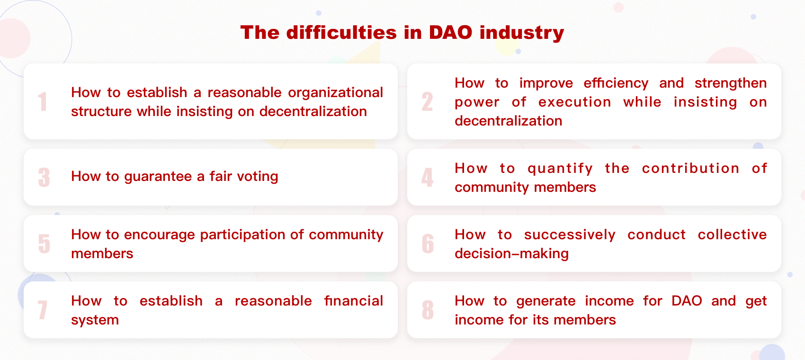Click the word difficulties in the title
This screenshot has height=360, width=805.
click(342, 32)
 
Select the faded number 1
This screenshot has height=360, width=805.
click(43, 101)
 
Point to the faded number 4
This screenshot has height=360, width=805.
click(427, 177)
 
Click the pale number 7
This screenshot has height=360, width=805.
click(43, 310)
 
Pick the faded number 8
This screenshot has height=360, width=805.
click(428, 310)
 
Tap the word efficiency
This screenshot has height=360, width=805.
click(616, 83)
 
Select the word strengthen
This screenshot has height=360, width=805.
click(731, 83)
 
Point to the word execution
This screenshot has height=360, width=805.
click(575, 102)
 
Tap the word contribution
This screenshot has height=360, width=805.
click(691, 169)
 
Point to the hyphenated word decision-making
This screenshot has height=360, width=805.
click(512, 253)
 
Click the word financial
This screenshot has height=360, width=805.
click(354, 301)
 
